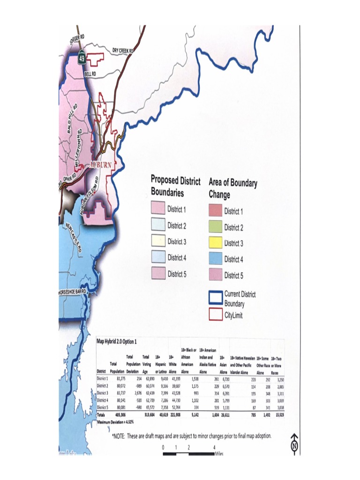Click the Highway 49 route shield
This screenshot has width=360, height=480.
point(82,59)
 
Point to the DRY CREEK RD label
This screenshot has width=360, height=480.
point(123,50)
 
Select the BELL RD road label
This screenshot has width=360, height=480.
point(90,74)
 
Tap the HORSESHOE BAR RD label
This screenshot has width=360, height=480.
point(73,292)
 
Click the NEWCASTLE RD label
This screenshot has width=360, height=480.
point(75,238)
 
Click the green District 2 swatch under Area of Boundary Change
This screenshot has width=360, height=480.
point(215,227)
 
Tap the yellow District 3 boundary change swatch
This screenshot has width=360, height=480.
point(215,243)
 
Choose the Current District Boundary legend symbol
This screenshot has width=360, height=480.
point(215,298)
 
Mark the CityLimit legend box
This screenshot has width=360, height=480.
point(215,314)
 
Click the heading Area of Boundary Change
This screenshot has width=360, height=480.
point(233,188)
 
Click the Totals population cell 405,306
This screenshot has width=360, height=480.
point(110,415)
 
